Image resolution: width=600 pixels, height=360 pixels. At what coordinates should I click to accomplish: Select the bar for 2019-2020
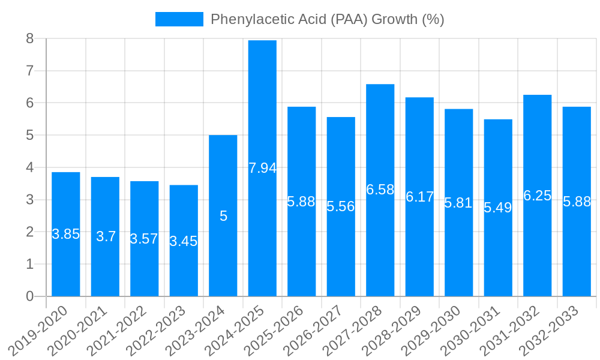[66, 264]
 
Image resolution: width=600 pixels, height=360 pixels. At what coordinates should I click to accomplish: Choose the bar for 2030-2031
[498, 252]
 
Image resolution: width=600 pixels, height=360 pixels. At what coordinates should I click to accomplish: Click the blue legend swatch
[179, 19]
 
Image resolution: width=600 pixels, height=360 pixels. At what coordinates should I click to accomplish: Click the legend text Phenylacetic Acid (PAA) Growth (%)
[327, 19]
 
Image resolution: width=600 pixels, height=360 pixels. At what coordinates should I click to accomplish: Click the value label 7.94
[262, 168]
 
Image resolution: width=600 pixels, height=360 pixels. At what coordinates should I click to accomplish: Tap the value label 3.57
[145, 239]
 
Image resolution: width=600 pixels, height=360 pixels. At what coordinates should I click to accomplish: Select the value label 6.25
[538, 196]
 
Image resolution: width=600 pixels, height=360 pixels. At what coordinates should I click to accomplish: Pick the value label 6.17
[419, 197]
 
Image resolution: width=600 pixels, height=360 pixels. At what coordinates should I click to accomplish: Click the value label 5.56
[341, 206]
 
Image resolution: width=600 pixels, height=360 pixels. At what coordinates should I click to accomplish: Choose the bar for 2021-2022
[145, 270]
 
